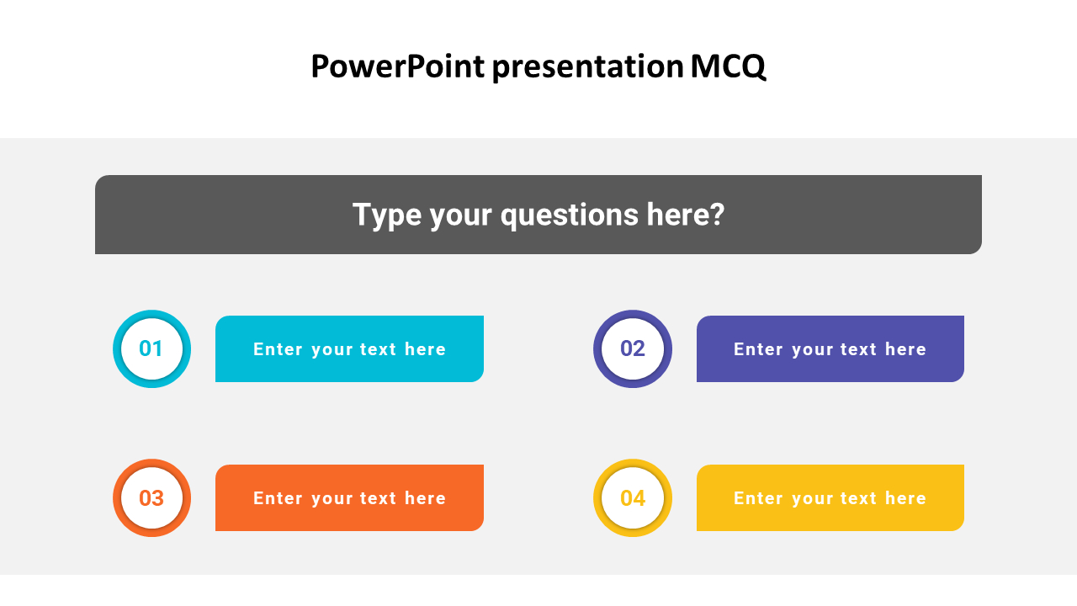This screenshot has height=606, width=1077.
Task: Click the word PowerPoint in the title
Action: point(396,66)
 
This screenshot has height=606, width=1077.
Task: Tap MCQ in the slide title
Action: point(729,66)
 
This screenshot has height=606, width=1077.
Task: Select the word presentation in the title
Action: point(587,67)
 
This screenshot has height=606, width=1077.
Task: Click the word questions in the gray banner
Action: point(570,215)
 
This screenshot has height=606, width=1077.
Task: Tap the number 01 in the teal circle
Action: point(151,348)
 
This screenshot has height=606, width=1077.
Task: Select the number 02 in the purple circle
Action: point(633,348)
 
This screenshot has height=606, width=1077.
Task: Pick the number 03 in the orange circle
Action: point(151,498)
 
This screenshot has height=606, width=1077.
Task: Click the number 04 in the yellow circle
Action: point(633,498)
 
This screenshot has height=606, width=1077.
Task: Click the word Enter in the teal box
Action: point(278,349)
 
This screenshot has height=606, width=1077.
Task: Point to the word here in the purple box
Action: point(905,349)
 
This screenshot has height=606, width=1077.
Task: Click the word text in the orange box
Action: point(378,498)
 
